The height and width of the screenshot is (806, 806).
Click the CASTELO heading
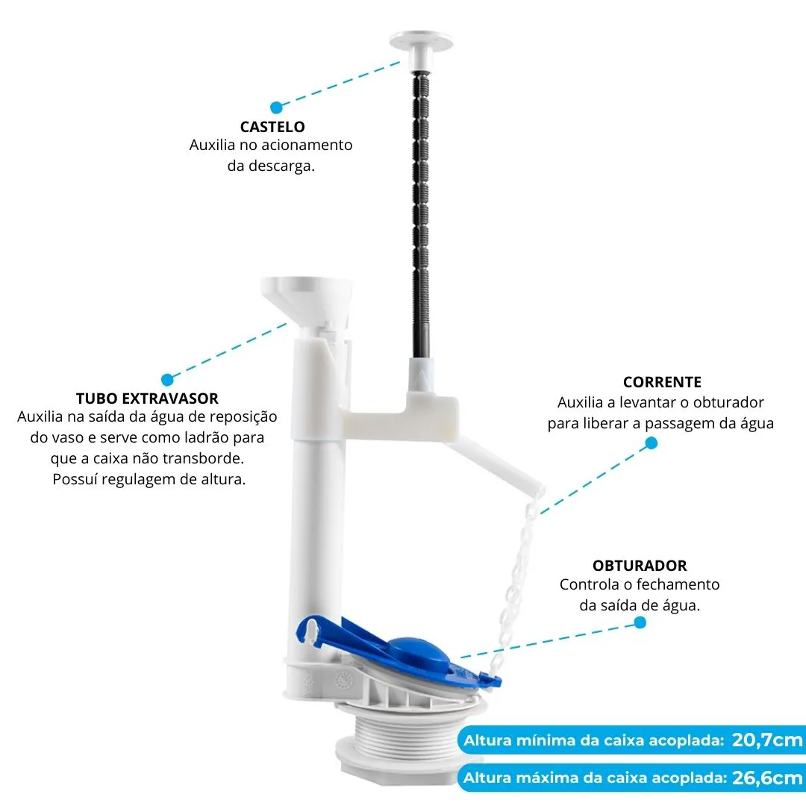(272, 126)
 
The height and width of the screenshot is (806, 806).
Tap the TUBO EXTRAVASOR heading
(147, 399)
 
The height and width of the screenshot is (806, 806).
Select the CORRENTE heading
(662, 382)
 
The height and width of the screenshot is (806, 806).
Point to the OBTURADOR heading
(640, 566)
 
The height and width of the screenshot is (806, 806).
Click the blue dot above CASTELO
(277, 107)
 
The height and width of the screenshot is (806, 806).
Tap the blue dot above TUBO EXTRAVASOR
(167, 380)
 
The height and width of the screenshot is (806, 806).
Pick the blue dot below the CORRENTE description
(652, 443)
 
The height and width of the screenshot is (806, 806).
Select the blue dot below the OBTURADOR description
(640, 622)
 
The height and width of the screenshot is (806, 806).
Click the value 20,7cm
(767, 740)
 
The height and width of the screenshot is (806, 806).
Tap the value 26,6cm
(767, 777)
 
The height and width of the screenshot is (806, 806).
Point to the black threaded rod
(420, 215)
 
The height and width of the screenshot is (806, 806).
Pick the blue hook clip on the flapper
(312, 630)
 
